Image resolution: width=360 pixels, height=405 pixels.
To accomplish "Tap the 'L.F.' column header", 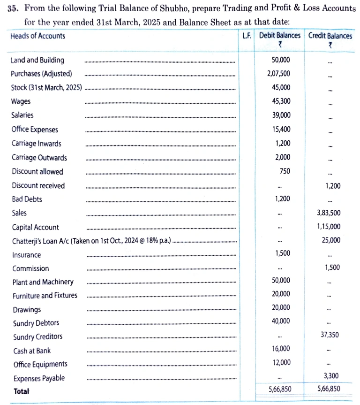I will (247, 36).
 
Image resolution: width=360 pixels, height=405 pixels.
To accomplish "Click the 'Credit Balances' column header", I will (330, 36).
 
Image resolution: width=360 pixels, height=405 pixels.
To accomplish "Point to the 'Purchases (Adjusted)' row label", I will (41, 74).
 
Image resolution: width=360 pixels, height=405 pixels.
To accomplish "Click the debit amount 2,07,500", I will (280, 74).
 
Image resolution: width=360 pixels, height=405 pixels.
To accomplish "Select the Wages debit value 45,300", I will (281, 101).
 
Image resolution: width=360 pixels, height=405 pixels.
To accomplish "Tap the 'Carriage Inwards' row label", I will (36, 144).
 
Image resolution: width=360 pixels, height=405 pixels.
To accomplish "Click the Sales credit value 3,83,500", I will (329, 213).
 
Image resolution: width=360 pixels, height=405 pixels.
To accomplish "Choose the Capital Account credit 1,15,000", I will (329, 227).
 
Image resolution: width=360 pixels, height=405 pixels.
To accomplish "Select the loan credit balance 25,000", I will (331, 240).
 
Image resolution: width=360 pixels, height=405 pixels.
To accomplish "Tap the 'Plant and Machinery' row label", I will (43, 282).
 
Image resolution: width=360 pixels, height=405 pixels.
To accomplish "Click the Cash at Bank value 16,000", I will (281, 349).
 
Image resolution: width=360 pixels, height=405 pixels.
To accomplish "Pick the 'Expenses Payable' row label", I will (39, 378).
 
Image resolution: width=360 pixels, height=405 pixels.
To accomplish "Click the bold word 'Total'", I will (21, 391).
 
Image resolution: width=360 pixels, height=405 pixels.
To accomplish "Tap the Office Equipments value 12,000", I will (281, 362).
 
